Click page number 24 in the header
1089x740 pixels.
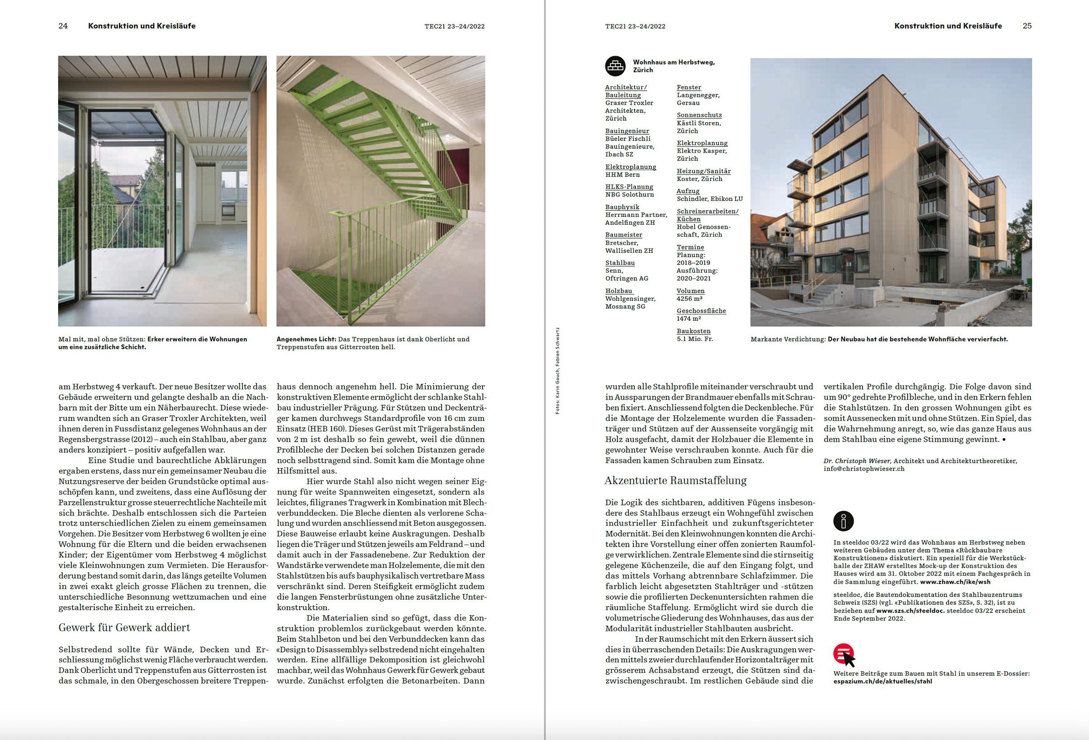pos(63,26)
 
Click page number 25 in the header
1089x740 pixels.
pos(1027,26)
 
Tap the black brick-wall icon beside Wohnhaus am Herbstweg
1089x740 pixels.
pos(615,66)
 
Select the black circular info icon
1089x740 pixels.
pos(844,521)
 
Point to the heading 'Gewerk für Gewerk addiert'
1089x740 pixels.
pos(124,627)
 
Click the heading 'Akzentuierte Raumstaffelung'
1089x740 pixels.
pos(675,480)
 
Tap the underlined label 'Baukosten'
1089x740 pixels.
pos(693,331)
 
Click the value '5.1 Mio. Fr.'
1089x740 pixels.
pos(695,339)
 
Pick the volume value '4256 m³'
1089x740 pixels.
pos(689,299)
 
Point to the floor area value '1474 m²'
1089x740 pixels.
pos(689,319)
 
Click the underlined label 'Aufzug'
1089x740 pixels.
pos(688,191)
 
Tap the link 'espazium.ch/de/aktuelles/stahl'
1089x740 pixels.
pos(883,681)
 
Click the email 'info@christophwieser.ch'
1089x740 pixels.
pos(864,469)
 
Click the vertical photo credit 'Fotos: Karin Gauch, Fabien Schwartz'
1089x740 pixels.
pos(558,371)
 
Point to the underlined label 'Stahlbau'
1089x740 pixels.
pos(620,263)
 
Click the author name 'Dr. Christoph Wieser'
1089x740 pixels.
pos(857,461)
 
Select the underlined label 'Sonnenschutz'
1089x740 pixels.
pos(699,115)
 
